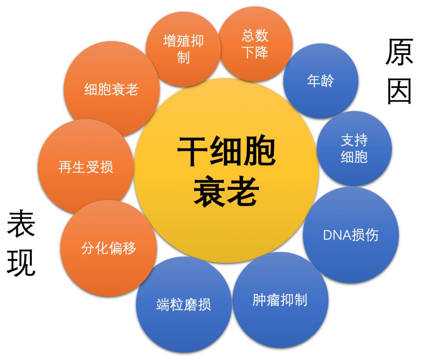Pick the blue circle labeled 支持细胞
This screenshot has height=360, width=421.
(x=354, y=148)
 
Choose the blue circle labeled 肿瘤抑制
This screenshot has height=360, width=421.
(x=280, y=300)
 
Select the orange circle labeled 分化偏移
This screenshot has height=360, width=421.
(x=109, y=248)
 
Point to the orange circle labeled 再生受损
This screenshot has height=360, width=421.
(x=86, y=167)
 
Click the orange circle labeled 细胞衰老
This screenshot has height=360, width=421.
(x=111, y=89)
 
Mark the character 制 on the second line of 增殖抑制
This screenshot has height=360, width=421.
(x=183, y=58)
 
